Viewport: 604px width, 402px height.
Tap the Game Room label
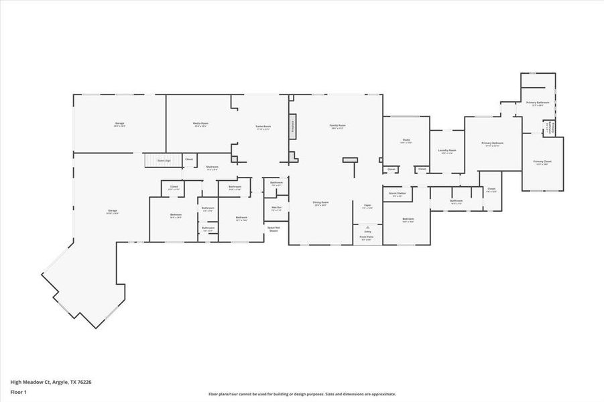click(x=262, y=127)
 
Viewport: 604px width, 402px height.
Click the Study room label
click(x=406, y=141)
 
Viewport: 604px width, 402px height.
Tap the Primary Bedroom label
click(x=493, y=144)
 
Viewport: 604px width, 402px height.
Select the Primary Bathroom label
click(x=538, y=104)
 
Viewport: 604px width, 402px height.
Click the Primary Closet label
click(x=542, y=163)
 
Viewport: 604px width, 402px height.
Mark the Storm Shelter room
click(x=398, y=194)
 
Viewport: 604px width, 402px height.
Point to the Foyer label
click(x=367, y=206)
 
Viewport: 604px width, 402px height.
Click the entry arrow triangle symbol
click(x=367, y=228)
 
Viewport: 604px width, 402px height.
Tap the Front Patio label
click(x=367, y=237)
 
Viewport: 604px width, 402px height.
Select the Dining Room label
click(x=320, y=204)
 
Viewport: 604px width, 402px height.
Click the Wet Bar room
click(x=276, y=208)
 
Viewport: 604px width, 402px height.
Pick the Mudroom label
click(x=212, y=167)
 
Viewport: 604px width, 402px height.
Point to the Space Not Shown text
click(x=274, y=229)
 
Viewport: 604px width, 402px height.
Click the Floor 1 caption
click(x=18, y=391)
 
